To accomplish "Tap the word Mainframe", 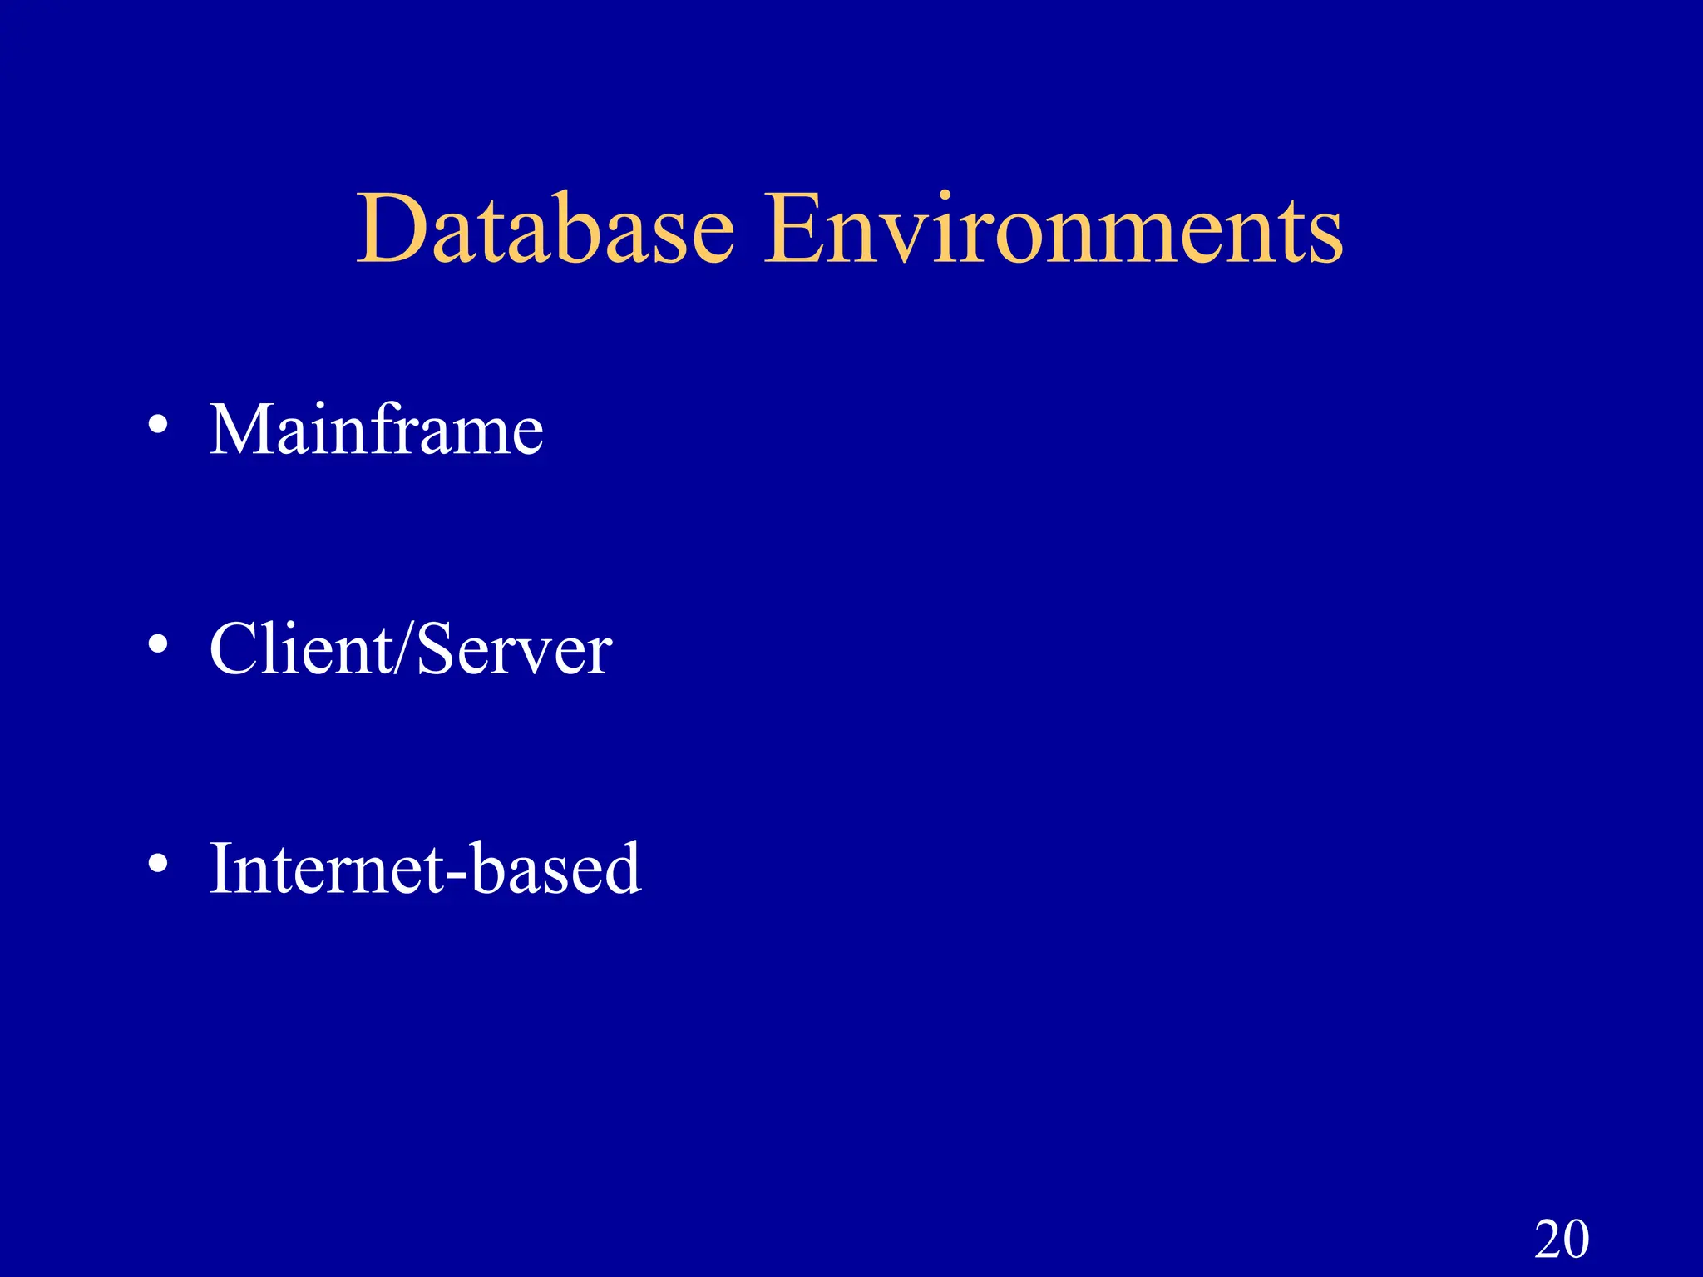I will (x=376, y=430).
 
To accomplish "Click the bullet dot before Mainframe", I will (x=158, y=425).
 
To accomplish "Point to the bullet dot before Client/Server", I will (x=158, y=643).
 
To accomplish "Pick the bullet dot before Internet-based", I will (x=158, y=863).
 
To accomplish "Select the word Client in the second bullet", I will (x=301, y=648).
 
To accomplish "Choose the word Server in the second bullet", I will (x=514, y=648).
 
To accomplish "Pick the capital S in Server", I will (x=435, y=648).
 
